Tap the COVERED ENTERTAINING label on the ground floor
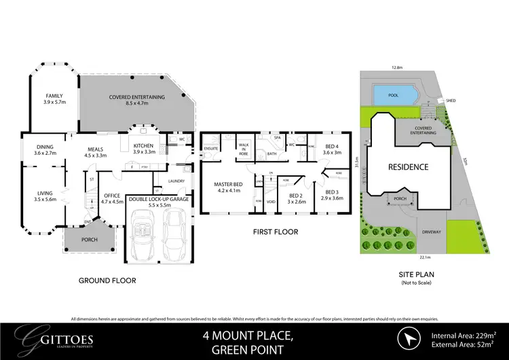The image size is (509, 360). coord(137,97)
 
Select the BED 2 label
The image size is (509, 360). coord(296,198)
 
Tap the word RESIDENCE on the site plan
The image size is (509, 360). coord(409,166)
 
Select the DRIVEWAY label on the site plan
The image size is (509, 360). coord(432,231)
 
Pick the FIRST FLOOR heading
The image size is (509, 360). coord(275,232)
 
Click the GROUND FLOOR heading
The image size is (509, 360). coord(107,279)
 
